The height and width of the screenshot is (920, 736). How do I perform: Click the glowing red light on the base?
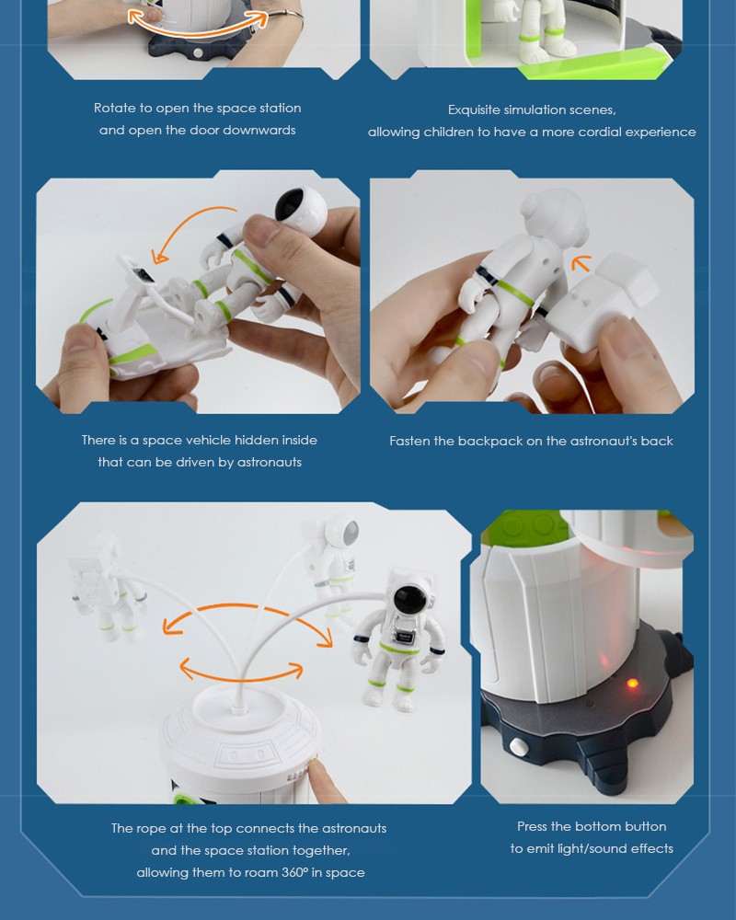[632, 683]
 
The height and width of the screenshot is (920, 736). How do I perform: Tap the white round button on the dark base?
[518, 747]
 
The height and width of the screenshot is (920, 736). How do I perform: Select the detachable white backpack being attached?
[608, 302]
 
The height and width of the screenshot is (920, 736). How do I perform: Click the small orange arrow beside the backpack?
[581, 263]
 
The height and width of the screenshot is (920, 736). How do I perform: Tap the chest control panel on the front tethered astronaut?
[405, 636]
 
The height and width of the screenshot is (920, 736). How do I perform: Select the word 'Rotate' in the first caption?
[114, 108]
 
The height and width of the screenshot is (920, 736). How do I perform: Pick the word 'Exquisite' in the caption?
[474, 109]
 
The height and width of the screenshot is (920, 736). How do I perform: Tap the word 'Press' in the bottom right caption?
[532, 826]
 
